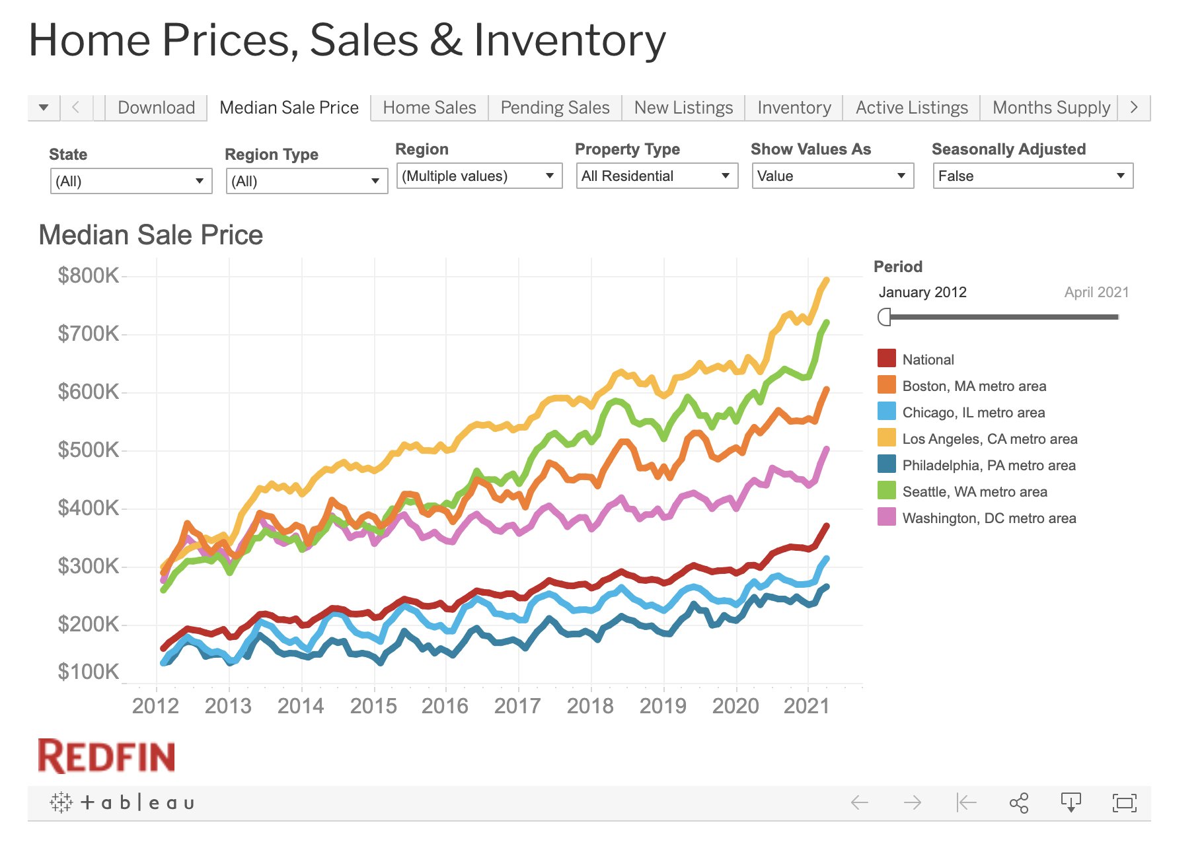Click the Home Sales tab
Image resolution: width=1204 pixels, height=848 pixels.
[x=429, y=108]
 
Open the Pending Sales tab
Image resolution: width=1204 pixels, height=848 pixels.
[x=554, y=108]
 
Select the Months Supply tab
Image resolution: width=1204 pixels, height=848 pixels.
[x=1051, y=108]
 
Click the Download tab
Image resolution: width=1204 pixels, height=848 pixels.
[x=156, y=108]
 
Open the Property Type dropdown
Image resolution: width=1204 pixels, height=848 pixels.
[x=656, y=176]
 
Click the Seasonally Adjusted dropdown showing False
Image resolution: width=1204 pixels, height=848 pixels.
[x=1032, y=176]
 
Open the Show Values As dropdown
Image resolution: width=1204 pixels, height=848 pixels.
[x=832, y=176]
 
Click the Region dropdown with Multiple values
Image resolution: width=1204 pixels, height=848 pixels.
[x=478, y=176]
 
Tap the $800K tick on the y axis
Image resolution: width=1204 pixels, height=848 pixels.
[x=88, y=275]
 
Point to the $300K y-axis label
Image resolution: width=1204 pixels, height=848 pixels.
[x=88, y=566]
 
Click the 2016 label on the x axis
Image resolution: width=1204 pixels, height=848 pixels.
[x=445, y=706]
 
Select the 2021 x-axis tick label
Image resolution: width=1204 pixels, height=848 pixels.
[x=806, y=706]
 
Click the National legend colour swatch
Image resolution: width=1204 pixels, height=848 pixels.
[x=886, y=359]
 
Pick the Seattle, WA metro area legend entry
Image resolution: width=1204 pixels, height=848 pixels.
[x=974, y=492]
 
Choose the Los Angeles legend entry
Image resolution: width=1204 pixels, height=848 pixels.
[x=989, y=439]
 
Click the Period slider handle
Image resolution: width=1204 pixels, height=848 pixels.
[x=884, y=317]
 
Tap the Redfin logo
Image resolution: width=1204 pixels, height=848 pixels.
[x=106, y=756]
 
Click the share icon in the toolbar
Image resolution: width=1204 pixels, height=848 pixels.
[x=1018, y=803]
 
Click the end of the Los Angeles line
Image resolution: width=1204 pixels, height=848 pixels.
[x=826, y=281]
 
